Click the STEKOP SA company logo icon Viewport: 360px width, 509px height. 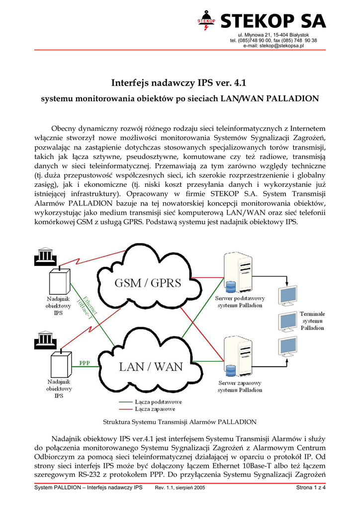206,20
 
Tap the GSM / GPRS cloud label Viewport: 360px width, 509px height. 148,283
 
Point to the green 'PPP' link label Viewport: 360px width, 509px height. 85,363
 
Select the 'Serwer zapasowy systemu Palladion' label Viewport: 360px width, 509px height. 240,387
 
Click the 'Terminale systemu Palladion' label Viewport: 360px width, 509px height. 312,321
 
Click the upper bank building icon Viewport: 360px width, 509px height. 46,257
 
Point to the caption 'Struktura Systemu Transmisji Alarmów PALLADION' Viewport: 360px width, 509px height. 180,422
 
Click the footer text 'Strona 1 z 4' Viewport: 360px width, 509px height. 311,501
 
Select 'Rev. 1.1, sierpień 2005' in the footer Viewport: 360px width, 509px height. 180,501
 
